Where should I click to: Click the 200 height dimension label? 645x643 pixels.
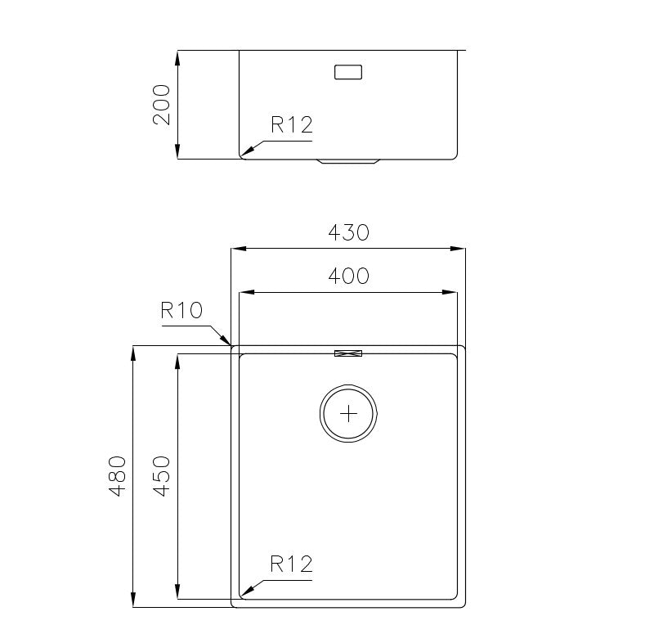click(162, 104)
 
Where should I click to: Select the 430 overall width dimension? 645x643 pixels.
click(349, 232)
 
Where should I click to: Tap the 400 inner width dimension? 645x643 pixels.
click(348, 276)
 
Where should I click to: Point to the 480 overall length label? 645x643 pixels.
click(117, 476)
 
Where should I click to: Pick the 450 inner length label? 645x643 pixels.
click(161, 476)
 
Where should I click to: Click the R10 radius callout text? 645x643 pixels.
click(181, 311)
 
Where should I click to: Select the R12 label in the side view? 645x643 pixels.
click(292, 125)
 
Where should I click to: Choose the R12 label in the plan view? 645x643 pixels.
click(292, 564)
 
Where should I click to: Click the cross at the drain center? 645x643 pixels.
click(349, 413)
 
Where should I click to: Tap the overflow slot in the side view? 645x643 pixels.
click(347, 72)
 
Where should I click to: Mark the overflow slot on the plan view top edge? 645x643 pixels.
click(348, 353)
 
